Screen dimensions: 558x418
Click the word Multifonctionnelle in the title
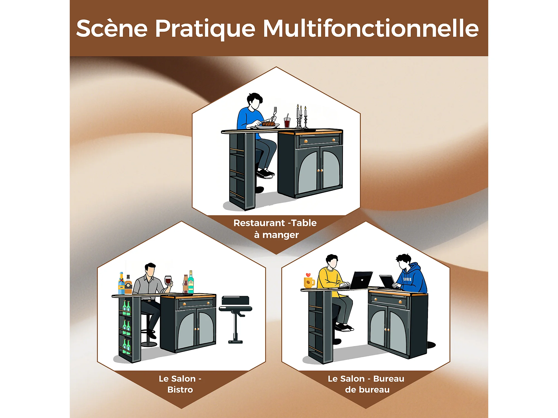coord(371,28)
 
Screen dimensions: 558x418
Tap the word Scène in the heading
coord(112,28)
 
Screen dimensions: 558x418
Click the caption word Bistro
coord(180,389)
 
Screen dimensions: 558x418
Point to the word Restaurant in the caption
coord(259,223)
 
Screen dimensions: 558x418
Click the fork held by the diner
coord(275,113)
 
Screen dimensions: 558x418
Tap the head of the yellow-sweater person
coord(332,261)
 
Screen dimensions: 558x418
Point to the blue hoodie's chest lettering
coord(407,279)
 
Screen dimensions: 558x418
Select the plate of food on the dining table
coord(268,125)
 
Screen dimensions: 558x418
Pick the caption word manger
coord(281,235)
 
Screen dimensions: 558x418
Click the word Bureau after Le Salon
coord(389,378)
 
